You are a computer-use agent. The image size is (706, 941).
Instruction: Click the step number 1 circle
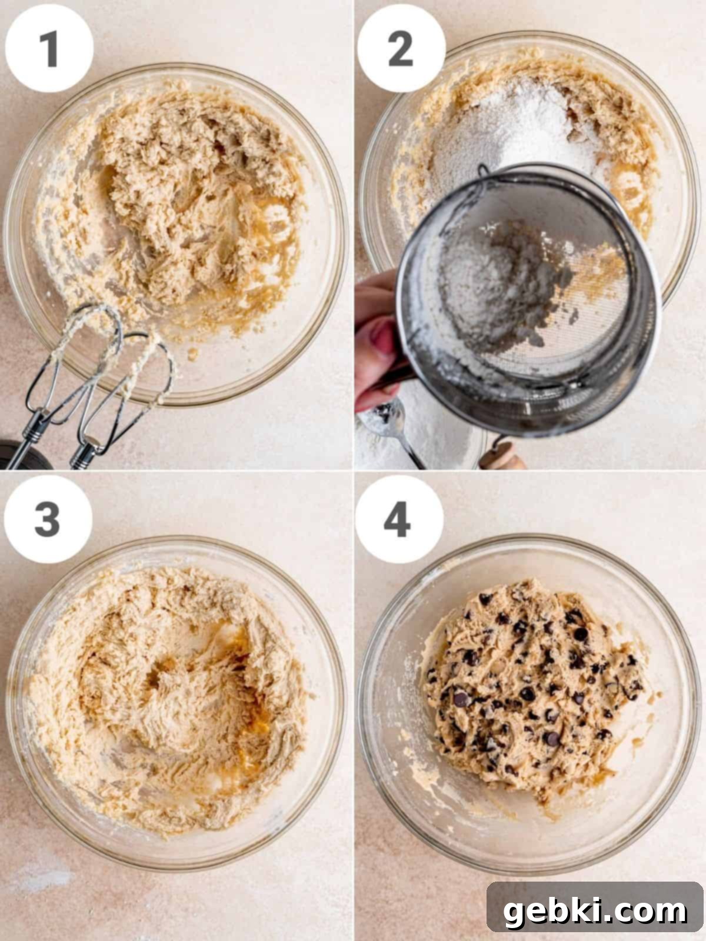(49, 48)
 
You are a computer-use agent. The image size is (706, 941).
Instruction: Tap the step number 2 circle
(401, 48)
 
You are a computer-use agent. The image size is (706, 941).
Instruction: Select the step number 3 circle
(48, 519)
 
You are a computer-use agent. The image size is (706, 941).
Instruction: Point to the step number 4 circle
(399, 519)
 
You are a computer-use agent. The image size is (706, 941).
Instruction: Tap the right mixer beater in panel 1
(124, 395)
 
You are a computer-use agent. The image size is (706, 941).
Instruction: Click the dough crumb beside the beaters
(192, 353)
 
